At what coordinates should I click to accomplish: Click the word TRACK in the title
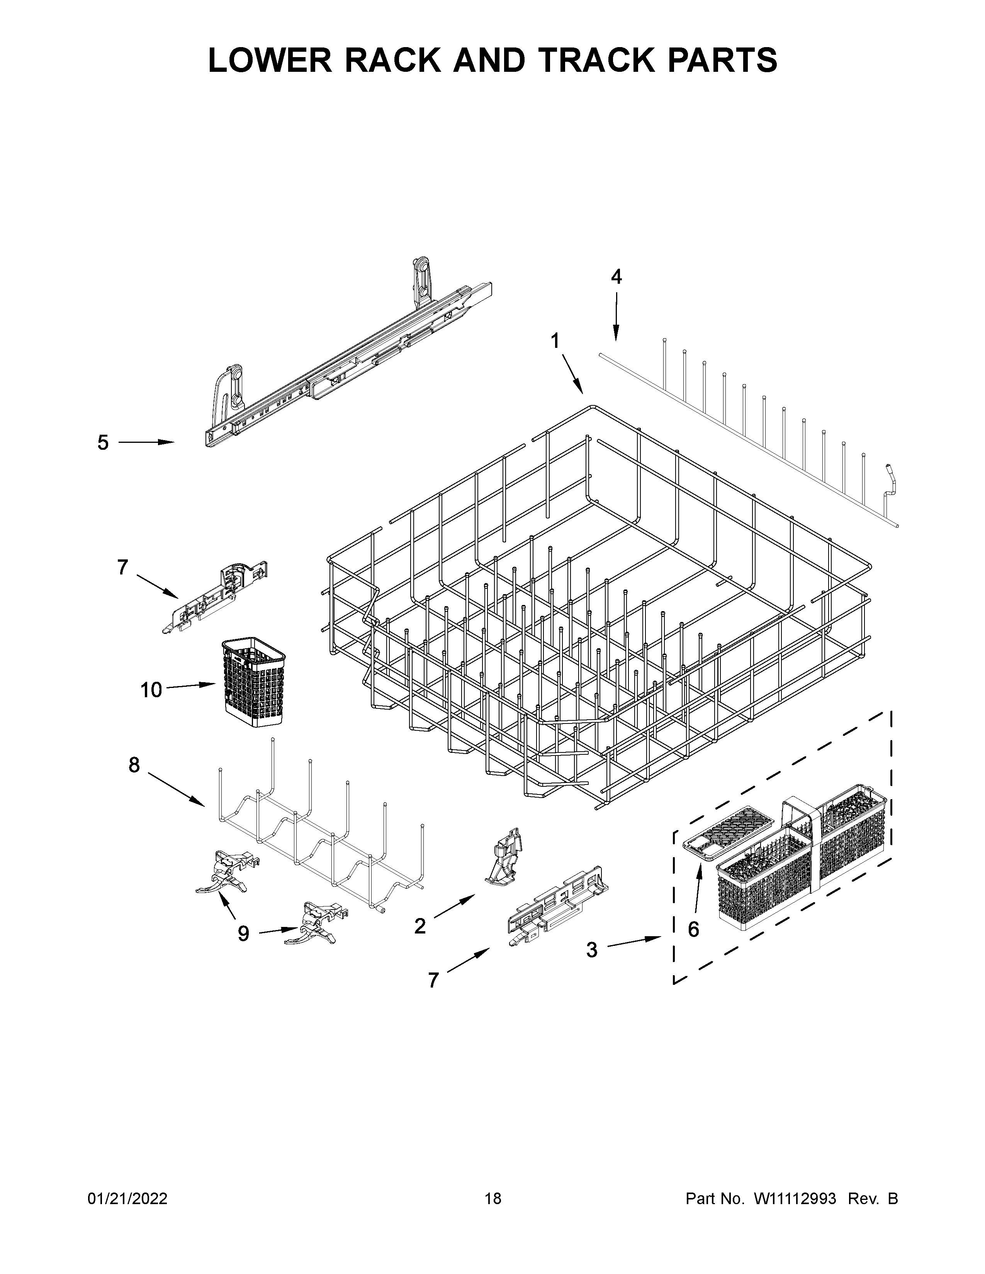(564, 60)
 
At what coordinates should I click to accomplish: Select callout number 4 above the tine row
(616, 277)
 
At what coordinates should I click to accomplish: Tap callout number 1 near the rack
(555, 340)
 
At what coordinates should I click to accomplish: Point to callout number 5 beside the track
(103, 443)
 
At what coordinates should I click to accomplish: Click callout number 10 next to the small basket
(151, 690)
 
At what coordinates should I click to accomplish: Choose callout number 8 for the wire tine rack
(134, 765)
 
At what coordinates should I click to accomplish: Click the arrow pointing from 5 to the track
(146, 443)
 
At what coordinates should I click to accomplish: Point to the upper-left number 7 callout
(122, 567)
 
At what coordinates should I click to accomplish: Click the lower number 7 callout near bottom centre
(433, 980)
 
